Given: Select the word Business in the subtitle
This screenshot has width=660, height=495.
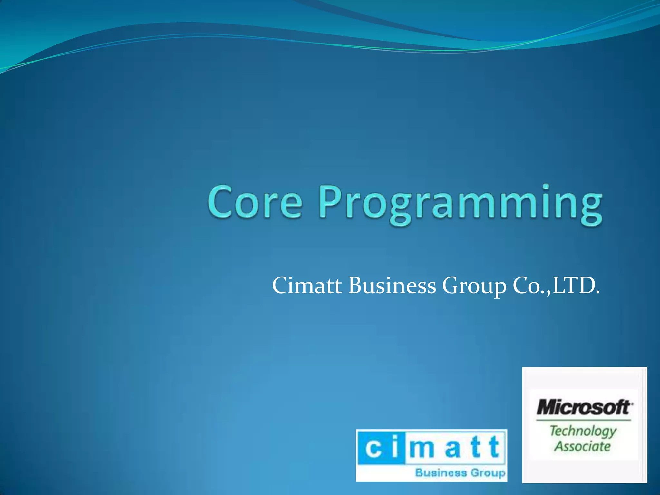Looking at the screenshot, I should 392,286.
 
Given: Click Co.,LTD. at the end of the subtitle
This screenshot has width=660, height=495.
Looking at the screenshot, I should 556,286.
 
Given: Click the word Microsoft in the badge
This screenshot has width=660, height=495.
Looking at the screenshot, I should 584,407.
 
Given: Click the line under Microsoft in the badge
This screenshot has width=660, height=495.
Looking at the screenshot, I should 583,420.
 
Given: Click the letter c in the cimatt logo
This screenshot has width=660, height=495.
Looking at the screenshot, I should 374,448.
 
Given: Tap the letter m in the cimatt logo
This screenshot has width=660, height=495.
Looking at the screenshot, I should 422,449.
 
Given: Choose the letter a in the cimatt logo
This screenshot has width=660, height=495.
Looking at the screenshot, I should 452,449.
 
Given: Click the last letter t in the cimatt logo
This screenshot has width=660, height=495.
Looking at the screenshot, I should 493,447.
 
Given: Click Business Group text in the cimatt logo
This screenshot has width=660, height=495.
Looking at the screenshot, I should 460,473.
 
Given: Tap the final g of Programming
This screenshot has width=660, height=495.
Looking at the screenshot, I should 590,208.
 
